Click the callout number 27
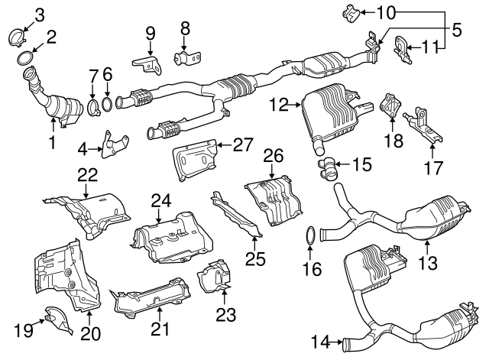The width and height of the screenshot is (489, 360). pyautogui.click(x=241, y=144)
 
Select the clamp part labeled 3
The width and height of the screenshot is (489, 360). pyautogui.click(x=20, y=36)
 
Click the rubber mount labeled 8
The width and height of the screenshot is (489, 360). pyautogui.click(x=186, y=57)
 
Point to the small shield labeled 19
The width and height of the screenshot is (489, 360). pyautogui.click(x=55, y=317)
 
